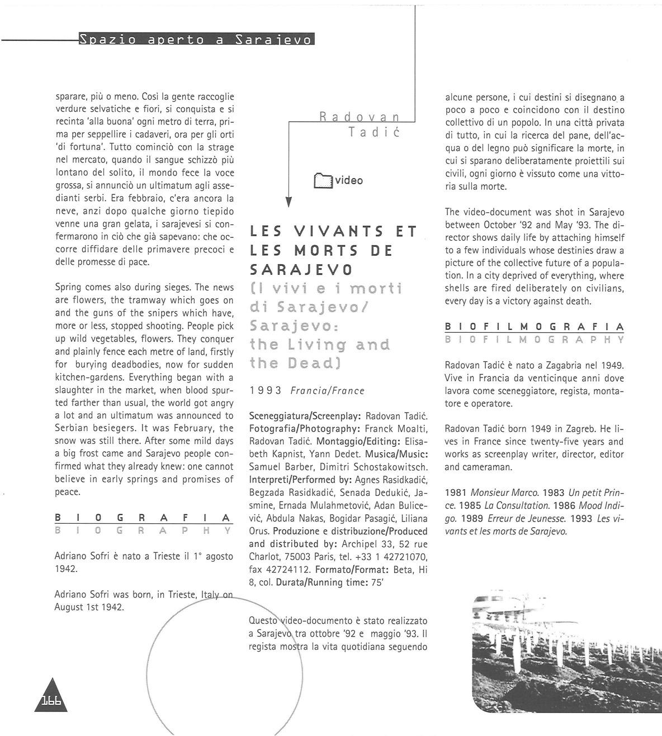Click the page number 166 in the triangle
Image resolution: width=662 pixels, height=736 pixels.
pyautogui.click(x=50, y=702)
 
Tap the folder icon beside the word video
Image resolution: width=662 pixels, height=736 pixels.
pyautogui.click(x=323, y=180)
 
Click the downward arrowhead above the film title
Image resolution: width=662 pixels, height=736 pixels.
pyautogui.click(x=289, y=202)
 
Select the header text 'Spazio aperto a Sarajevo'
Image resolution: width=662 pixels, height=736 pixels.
pyautogui.click(x=195, y=40)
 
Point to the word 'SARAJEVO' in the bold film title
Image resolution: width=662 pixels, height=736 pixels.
pyautogui.click(x=301, y=270)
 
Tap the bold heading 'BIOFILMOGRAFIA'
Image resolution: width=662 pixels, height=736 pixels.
pyautogui.click(x=534, y=326)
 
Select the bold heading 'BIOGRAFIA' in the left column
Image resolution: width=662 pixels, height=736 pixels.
pyautogui.click(x=143, y=518)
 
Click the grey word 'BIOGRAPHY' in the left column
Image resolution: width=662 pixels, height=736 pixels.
pyautogui.click(x=143, y=531)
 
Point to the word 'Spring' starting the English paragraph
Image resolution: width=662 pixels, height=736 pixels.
pyautogui.click(x=68, y=288)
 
